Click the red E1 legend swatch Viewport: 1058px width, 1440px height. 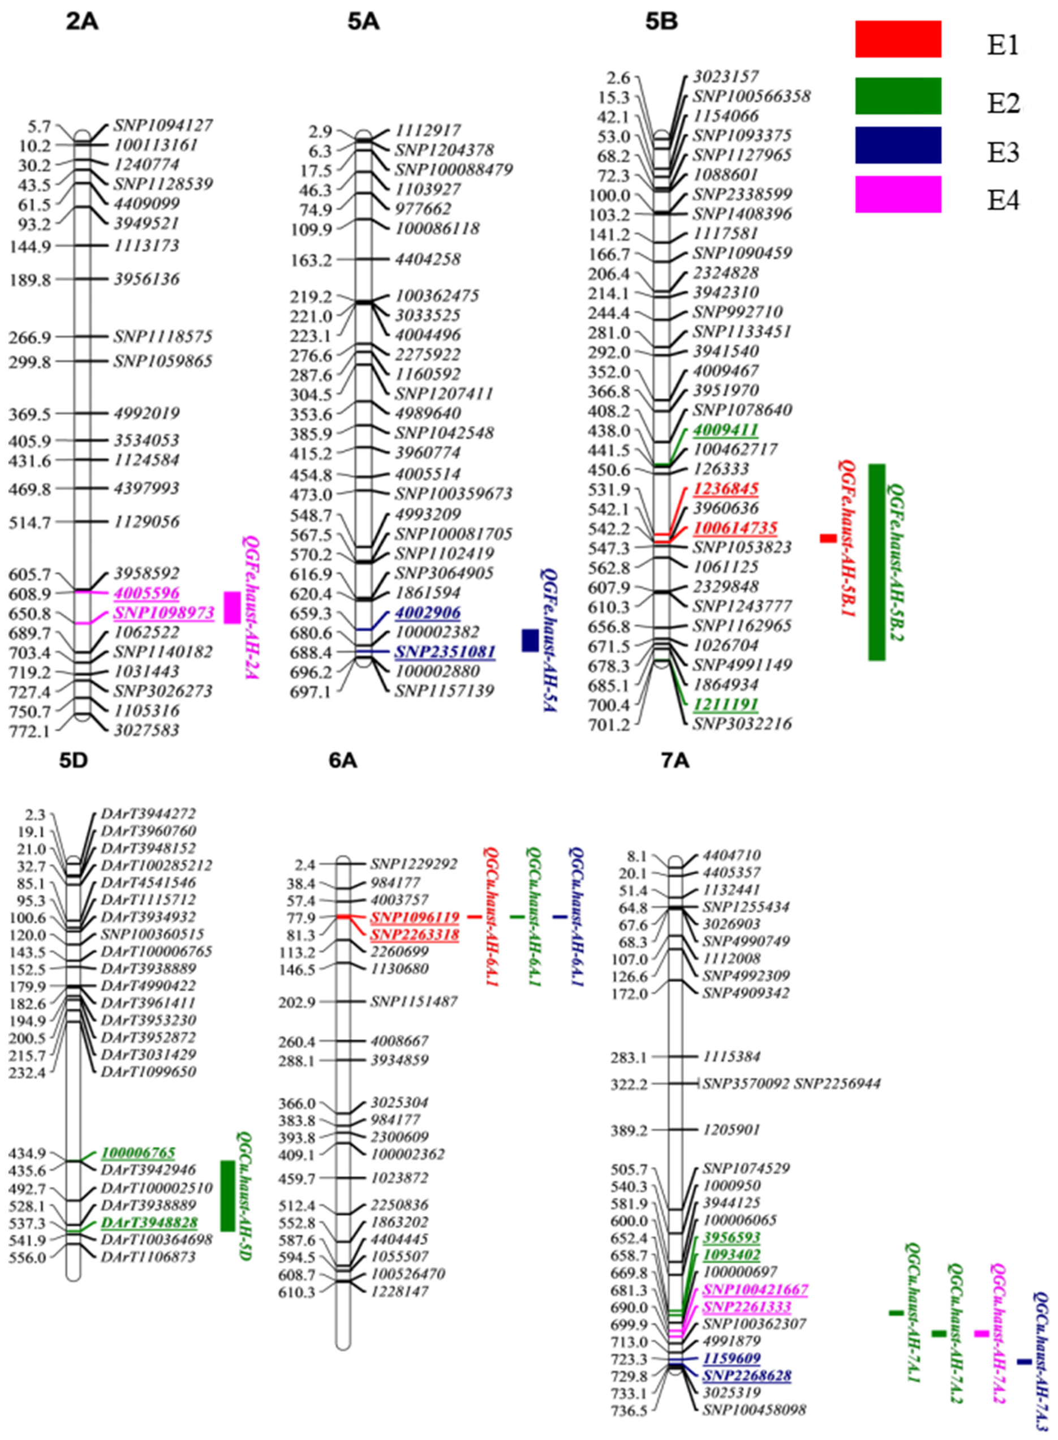(x=898, y=39)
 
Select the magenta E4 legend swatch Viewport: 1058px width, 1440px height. (x=898, y=194)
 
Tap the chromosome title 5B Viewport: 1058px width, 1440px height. (x=661, y=23)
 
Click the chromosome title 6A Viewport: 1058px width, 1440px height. (x=343, y=760)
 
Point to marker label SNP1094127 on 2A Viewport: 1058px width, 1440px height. (x=164, y=125)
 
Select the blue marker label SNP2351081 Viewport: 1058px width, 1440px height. (x=445, y=652)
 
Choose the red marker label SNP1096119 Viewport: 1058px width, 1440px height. (x=414, y=918)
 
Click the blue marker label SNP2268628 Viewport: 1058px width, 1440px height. (x=747, y=1376)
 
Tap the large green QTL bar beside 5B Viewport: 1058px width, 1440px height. (x=876, y=562)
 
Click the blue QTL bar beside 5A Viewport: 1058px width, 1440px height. (x=530, y=641)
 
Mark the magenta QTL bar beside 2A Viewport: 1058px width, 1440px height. (x=232, y=607)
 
